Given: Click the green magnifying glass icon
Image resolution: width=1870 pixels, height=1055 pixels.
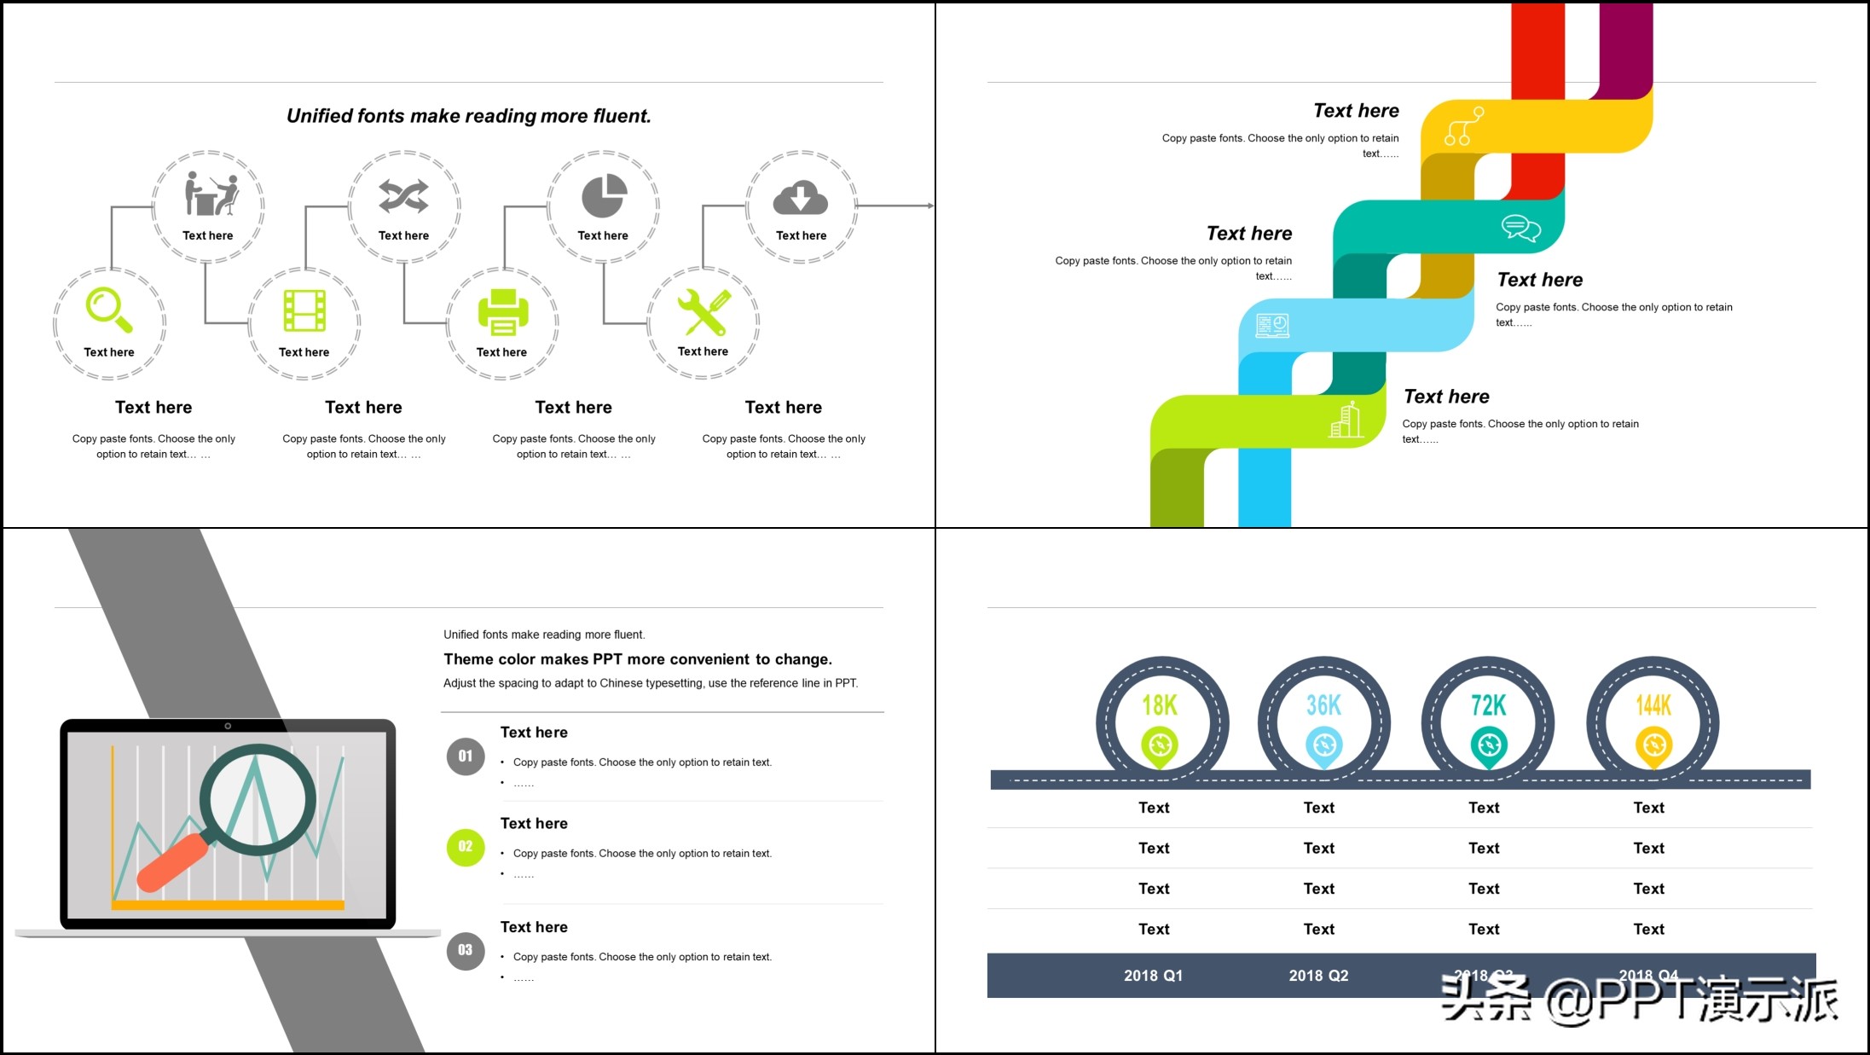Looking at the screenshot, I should click(x=108, y=309).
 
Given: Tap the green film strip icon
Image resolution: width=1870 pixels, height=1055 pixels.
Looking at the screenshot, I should click(x=304, y=310).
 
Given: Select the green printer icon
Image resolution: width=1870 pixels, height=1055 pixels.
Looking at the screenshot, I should click(x=502, y=311).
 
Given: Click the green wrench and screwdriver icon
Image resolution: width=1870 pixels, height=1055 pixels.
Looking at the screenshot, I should click(x=703, y=311).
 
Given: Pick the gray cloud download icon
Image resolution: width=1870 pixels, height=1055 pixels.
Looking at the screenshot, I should click(x=800, y=198).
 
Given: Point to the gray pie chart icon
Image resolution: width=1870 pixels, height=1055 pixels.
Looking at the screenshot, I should click(x=604, y=196).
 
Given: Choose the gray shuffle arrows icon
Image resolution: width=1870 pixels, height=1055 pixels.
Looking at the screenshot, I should click(x=403, y=196).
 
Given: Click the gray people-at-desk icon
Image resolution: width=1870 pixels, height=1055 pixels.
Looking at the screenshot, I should click(x=211, y=194).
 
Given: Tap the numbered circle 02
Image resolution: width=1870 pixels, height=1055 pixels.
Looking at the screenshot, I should click(x=466, y=847).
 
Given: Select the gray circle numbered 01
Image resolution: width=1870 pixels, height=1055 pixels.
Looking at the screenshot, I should click(x=466, y=756).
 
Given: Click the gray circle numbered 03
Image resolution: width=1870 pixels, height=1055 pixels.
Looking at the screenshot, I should click(x=466, y=950).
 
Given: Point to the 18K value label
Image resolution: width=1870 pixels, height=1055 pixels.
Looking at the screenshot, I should click(x=1160, y=705).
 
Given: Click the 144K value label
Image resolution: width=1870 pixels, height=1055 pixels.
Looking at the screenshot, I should click(x=1653, y=705).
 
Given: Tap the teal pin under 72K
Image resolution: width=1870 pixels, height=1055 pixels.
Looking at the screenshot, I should click(x=1489, y=747).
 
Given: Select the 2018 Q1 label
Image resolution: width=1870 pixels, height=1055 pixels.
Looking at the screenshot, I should click(x=1153, y=976).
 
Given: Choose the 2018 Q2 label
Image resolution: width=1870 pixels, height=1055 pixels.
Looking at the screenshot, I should click(x=1318, y=976).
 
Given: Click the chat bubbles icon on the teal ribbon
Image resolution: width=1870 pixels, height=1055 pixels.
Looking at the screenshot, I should click(x=1520, y=229).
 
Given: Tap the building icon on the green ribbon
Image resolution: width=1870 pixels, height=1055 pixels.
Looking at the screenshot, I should click(x=1346, y=420).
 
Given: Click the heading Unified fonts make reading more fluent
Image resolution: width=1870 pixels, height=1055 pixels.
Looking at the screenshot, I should click(x=468, y=116).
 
